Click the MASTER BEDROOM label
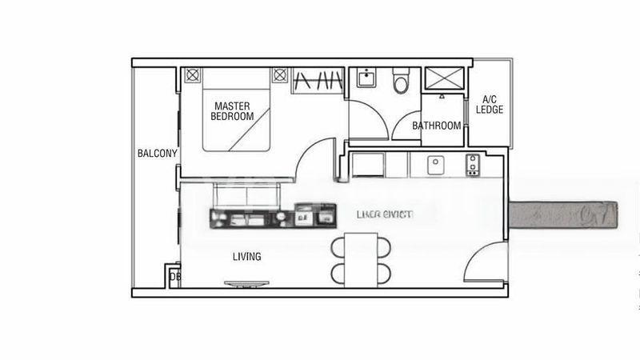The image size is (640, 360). tap(232, 110)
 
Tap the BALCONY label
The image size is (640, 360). tap(157, 153)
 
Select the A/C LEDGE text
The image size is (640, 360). tap(489, 104)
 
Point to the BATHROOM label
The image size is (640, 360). tap(436, 126)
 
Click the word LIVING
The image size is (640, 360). tap(246, 257)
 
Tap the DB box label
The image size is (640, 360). tap(173, 278)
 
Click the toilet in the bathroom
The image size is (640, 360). tap(402, 80)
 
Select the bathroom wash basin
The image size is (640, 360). tap(366, 79)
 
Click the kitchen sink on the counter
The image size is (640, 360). tap(437, 165)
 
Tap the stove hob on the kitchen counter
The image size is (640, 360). tap(473, 165)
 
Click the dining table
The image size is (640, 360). tap(362, 258)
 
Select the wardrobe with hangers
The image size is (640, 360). tap(318, 80)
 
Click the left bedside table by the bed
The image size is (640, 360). tap(192, 75)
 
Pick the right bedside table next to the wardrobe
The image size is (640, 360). tap(279, 75)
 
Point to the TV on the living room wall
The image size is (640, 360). tap(247, 282)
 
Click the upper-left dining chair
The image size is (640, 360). tap(338, 246)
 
